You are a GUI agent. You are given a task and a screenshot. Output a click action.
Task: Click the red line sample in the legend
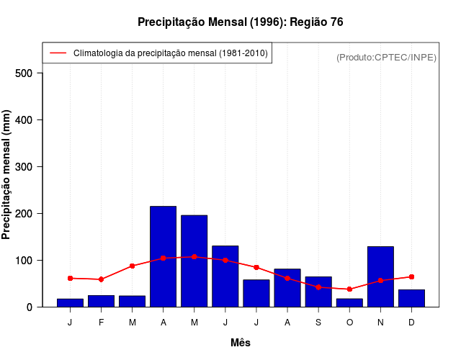(58, 53)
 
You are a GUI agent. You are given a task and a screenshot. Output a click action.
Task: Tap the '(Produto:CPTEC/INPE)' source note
(386, 57)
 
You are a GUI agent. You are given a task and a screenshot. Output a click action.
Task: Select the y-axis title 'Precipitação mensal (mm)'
(7, 175)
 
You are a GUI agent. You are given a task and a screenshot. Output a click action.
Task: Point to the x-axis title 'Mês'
(241, 343)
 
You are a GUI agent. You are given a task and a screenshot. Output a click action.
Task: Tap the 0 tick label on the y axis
(30, 307)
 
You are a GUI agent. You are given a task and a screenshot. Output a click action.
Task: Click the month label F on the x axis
(101, 323)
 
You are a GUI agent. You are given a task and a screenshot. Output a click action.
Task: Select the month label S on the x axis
(318, 323)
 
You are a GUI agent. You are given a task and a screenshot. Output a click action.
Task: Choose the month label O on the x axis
(349, 323)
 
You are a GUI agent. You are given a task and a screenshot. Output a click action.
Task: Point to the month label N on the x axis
(380, 323)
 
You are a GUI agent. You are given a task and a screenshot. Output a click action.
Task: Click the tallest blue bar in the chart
(163, 256)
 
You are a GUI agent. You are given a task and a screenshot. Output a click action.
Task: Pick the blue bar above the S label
(318, 292)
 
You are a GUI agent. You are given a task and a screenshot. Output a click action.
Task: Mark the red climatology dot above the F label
(101, 279)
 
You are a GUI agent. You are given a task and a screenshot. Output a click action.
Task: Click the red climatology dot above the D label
(411, 276)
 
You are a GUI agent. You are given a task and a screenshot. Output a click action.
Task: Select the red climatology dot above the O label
(349, 289)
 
